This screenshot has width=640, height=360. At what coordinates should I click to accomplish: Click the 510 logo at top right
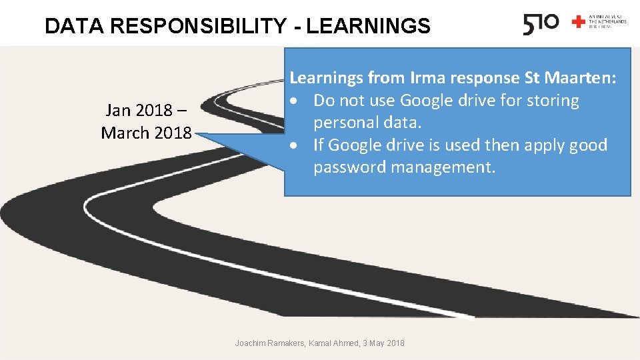[541, 24]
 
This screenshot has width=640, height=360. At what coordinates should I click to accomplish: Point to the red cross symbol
[578, 22]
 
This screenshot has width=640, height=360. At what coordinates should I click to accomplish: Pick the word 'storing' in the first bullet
[551, 101]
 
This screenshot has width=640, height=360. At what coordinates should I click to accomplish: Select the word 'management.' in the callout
[443, 167]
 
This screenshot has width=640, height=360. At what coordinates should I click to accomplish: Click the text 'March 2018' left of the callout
[146, 133]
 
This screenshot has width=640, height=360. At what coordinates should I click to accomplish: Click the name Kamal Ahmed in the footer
[335, 343]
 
